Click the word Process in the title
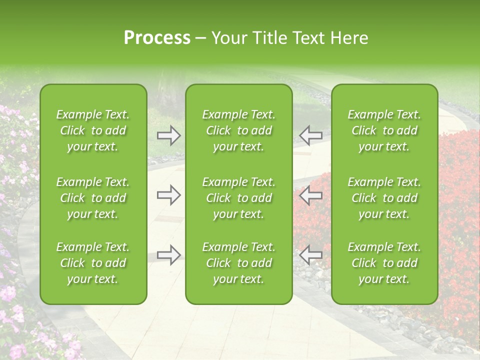(157, 38)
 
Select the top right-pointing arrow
(169, 135)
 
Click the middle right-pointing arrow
(169, 195)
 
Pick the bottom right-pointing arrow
(169, 255)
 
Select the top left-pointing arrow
(310, 135)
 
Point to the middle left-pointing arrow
(310, 195)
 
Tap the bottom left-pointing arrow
(310, 255)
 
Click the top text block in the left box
(93, 130)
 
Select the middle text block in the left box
(93, 198)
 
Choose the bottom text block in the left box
(93, 263)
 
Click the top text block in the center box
(239, 130)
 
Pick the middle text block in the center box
(239, 198)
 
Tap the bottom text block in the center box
(239, 263)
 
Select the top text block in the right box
(384, 130)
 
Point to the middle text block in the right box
(384, 198)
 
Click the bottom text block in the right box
(384, 263)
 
